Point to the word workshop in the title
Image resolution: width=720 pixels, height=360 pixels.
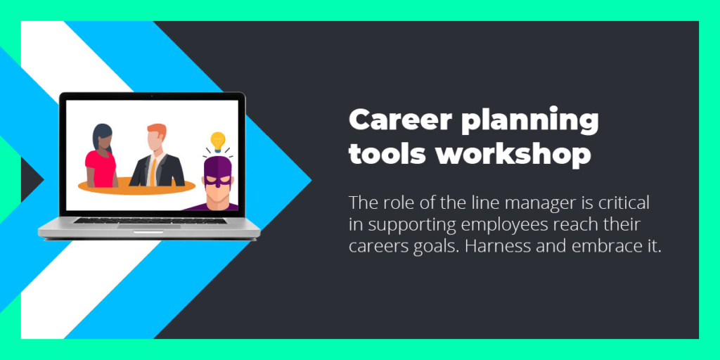[513, 155]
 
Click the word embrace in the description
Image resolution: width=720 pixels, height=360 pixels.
[604, 247]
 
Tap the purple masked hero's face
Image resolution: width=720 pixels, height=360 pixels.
[218, 183]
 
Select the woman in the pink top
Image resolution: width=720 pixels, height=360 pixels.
[101, 156]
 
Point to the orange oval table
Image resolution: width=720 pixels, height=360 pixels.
[136, 186]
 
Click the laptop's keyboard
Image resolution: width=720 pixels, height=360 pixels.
[150, 220]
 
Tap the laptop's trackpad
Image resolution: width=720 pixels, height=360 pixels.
[149, 226]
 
